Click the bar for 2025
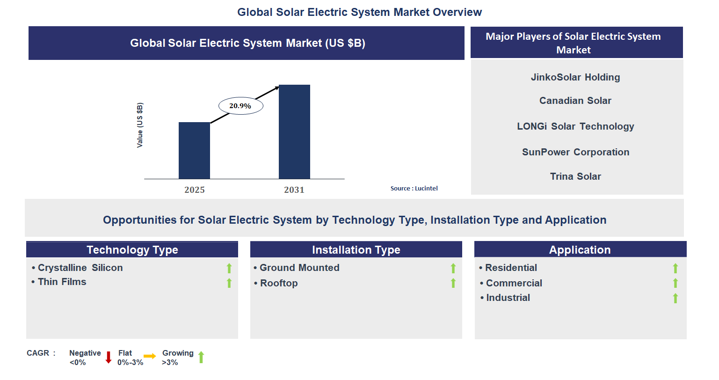(194, 150)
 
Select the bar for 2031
(294, 132)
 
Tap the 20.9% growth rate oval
(240, 106)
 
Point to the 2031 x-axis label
(294, 190)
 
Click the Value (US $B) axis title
(140, 125)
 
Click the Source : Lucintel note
(414, 188)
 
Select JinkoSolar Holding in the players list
(575, 77)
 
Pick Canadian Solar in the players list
(575, 101)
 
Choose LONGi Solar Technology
(575, 126)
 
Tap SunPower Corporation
(575, 152)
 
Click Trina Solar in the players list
(575, 176)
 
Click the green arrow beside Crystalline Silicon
(229, 268)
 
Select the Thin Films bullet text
(62, 282)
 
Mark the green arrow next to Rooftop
(453, 283)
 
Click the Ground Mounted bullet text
(299, 268)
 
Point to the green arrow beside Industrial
(675, 298)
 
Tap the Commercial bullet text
(514, 283)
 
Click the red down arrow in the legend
(109, 358)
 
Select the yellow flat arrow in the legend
(150, 357)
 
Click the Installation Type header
(356, 249)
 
